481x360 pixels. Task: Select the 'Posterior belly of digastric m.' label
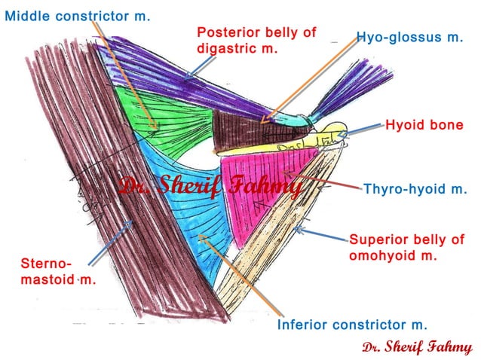(x=256, y=41)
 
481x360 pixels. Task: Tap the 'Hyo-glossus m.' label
(x=409, y=36)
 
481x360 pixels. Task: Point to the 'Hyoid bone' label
(x=424, y=125)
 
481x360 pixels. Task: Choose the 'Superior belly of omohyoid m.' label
(x=406, y=248)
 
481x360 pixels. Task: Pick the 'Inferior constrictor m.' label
(x=352, y=325)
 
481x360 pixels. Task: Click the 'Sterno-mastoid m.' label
(x=50, y=272)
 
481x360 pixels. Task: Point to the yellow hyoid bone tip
(x=335, y=130)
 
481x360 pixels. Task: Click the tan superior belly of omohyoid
(x=279, y=241)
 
